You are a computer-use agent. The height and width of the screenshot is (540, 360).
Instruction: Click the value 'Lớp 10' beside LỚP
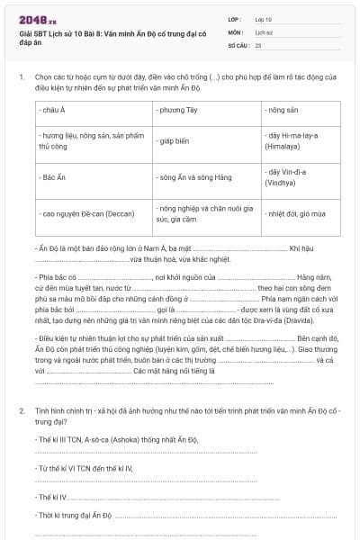pos(265,18)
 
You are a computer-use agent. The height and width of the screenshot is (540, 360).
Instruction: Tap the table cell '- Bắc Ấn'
pos(56,178)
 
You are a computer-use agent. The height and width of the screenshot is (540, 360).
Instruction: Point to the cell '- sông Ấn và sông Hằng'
pos(188,178)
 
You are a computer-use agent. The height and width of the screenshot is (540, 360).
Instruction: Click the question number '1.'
pos(21,77)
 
